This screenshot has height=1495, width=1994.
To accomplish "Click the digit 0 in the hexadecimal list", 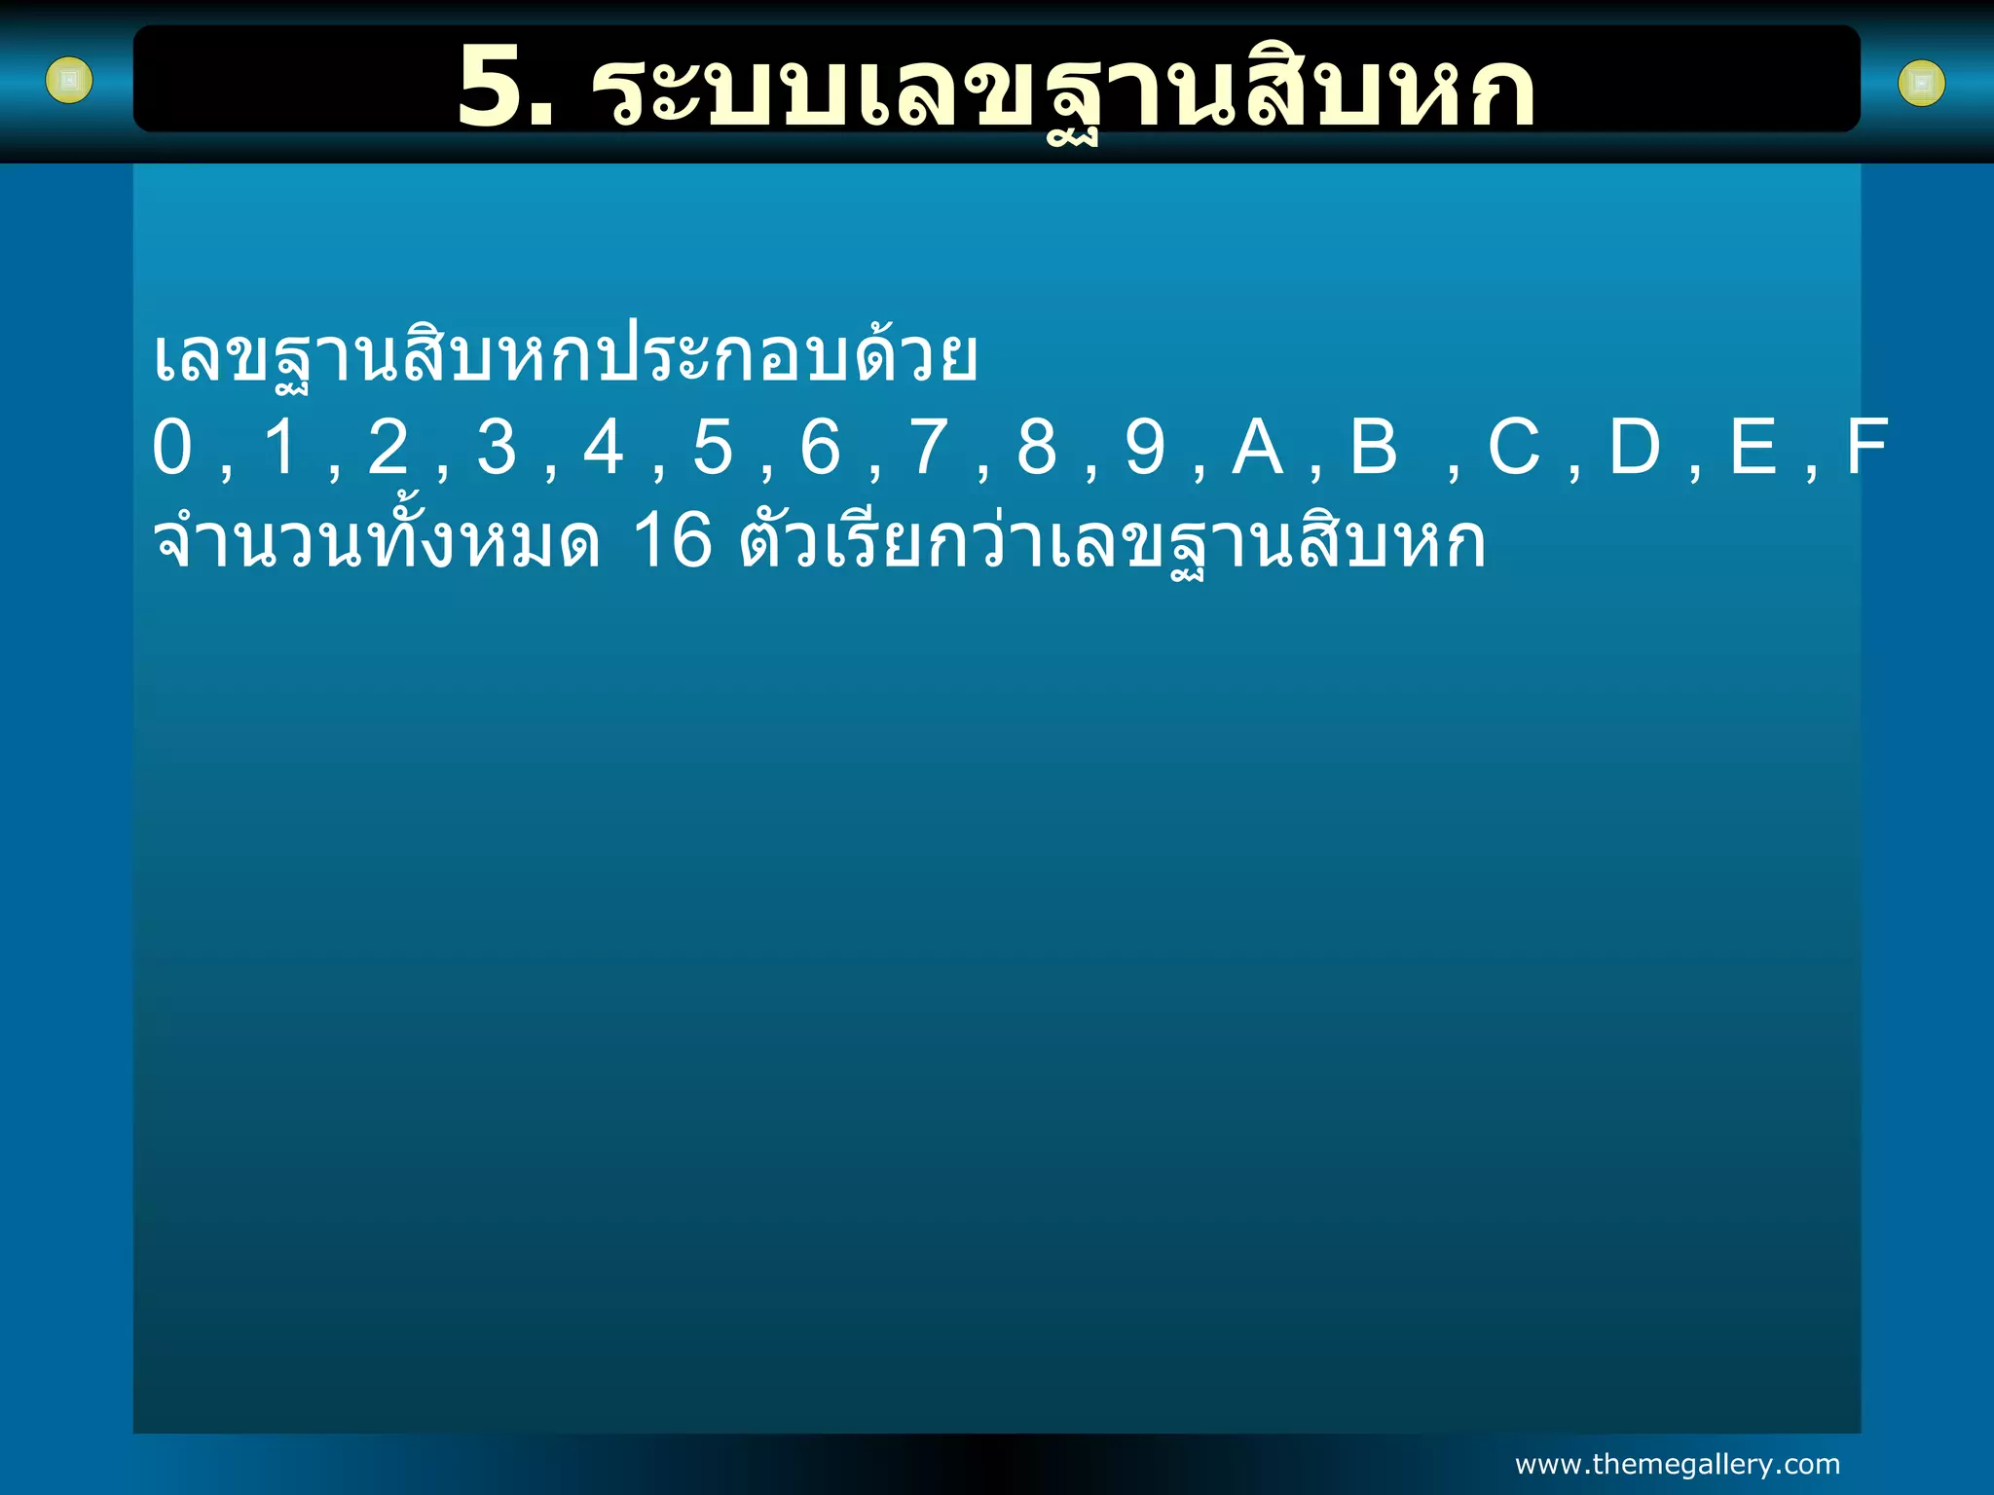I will click(x=172, y=448).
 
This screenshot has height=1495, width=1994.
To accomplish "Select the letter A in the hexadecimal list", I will click(x=1257, y=448).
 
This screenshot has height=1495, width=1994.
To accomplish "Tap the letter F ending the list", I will click(x=1866, y=448).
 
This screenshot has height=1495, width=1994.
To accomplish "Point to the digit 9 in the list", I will click(x=1145, y=448).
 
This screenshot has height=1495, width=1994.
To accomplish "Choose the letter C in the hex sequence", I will click(x=1513, y=448).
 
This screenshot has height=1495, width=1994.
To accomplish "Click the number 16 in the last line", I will click(x=673, y=541).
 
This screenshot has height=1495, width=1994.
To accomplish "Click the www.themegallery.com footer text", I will click(x=1678, y=1464).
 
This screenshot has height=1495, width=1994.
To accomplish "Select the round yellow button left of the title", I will click(x=69, y=81).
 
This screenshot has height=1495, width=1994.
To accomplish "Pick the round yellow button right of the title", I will click(x=1922, y=84).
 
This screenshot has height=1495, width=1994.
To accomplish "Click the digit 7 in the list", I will click(x=929, y=448).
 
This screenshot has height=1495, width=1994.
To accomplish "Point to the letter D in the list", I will click(x=1635, y=448).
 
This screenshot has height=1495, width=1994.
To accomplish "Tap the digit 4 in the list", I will click(x=604, y=448).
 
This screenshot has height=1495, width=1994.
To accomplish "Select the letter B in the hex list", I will click(x=1374, y=448).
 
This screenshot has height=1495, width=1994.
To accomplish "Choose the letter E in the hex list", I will click(x=1753, y=448).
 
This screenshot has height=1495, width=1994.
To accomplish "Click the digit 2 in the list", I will click(x=388, y=448).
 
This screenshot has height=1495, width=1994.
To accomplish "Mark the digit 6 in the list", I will click(x=820, y=448).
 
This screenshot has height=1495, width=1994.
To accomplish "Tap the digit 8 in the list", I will click(x=1037, y=448).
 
